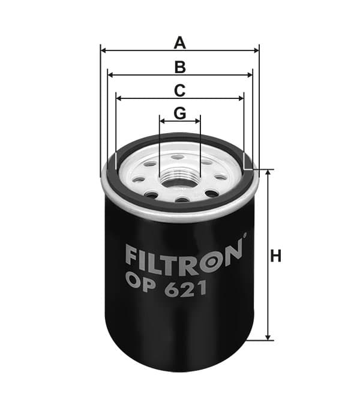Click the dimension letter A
tap(180, 43)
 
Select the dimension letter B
tap(180, 67)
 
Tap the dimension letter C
tap(180, 91)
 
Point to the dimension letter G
tap(180, 113)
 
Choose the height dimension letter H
tap(276, 256)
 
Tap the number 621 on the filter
tap(185, 289)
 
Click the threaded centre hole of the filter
tap(180, 179)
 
